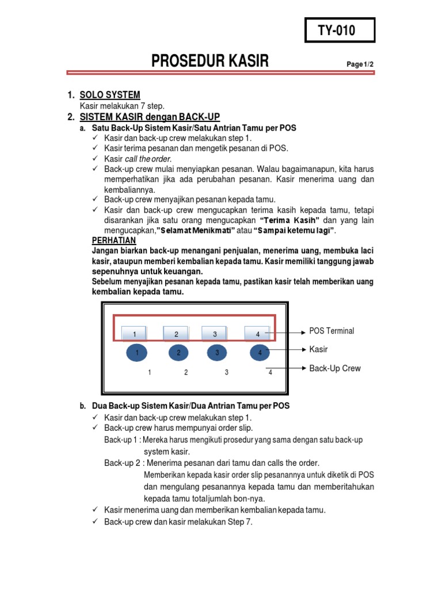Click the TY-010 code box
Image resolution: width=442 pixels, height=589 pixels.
coord(340,30)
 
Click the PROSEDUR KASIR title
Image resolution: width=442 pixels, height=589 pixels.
coord(209,61)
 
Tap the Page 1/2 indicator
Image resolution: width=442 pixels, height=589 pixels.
coord(360,64)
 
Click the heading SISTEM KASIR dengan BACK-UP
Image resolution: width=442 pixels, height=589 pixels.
coord(150,117)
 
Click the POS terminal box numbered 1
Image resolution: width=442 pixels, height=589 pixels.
coord(135,334)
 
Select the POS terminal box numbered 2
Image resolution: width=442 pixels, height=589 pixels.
coord(177,334)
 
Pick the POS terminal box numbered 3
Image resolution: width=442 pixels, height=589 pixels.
coord(215,334)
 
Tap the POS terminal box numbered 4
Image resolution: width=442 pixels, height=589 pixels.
coord(257,334)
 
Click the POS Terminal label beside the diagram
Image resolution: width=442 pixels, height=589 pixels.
coord(331,331)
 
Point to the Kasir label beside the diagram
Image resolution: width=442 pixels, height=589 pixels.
coord(318,349)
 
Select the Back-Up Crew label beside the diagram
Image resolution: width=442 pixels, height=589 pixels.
coord(335,368)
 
